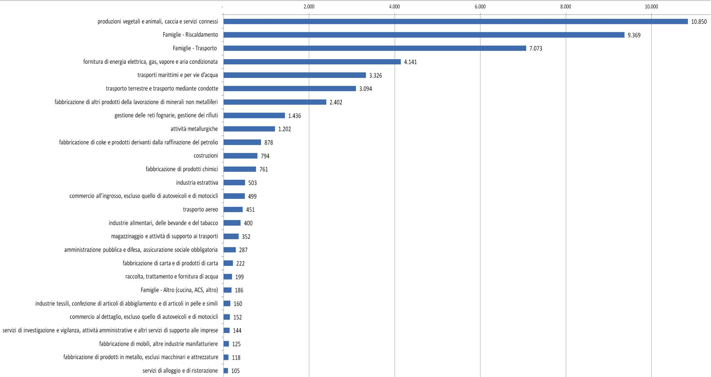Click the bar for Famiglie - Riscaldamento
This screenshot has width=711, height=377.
[x=424, y=35]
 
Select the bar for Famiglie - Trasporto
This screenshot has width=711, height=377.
[x=375, y=49]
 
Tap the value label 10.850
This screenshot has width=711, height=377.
[x=699, y=22]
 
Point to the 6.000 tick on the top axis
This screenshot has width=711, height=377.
[x=480, y=7]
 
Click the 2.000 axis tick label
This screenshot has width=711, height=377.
[x=309, y=7]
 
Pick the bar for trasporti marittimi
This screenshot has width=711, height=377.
[x=294, y=75]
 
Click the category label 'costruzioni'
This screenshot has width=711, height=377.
[x=205, y=156]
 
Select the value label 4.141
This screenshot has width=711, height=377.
[x=410, y=62]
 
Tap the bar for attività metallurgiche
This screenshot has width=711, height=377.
[x=249, y=129]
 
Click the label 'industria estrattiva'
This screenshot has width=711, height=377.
[x=197, y=183]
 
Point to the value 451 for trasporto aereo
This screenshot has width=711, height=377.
[x=250, y=210]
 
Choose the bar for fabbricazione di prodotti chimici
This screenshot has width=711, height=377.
[x=240, y=169]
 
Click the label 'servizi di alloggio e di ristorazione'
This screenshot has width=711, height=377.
[x=180, y=371]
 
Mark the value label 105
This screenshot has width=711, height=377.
[x=235, y=371]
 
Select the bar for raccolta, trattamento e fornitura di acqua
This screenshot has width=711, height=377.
[x=228, y=277]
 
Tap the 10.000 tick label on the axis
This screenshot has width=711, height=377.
[x=651, y=7]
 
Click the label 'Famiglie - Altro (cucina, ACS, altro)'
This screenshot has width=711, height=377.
[x=179, y=290]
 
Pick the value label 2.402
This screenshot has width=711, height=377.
[x=335, y=102]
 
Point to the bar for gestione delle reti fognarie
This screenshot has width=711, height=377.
[x=254, y=116]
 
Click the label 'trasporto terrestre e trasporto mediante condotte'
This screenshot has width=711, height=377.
[x=162, y=89]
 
